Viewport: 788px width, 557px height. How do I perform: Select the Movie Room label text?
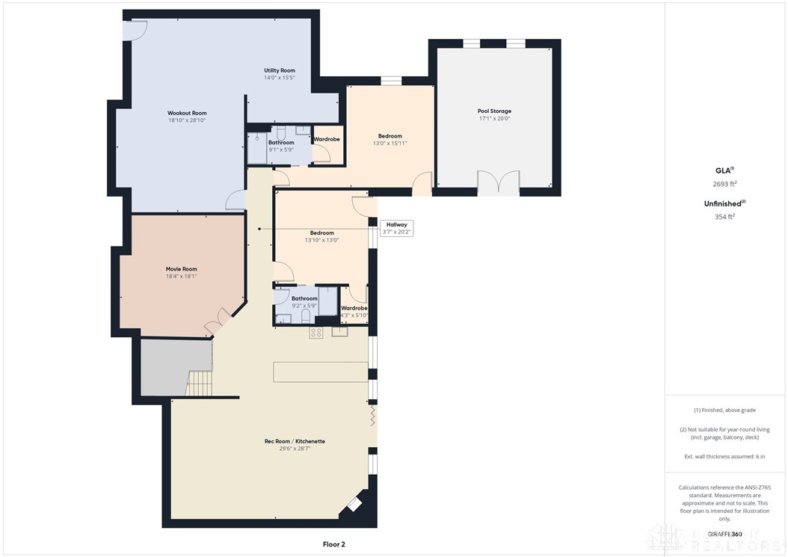tap(181, 272)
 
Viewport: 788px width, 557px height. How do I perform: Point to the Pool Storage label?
tap(494, 114)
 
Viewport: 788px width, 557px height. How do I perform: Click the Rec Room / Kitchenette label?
tap(295, 445)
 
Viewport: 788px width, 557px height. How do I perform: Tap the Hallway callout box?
tap(397, 228)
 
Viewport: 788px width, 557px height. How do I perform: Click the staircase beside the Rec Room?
tap(199, 384)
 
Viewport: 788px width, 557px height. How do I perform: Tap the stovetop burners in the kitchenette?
tap(316, 333)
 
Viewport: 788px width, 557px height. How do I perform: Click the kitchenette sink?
tap(340, 332)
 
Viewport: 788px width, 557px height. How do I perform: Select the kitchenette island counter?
tap(321, 372)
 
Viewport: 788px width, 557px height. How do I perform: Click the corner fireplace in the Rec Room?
tap(352, 506)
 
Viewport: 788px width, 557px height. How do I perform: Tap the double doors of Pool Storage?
tap(498, 183)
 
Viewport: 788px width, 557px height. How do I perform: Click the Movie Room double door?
tap(217, 320)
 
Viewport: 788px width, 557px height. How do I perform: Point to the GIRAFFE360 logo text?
tap(725, 534)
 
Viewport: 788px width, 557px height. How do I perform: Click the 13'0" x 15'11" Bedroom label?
tap(390, 140)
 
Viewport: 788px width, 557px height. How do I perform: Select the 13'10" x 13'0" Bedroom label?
tap(321, 236)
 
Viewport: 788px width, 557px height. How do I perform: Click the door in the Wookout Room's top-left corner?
tap(137, 28)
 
